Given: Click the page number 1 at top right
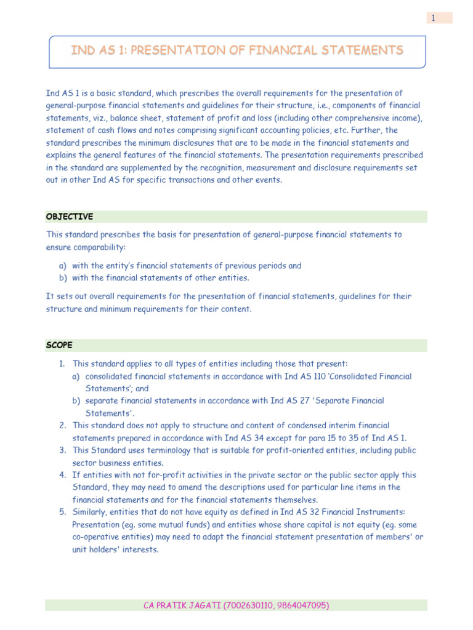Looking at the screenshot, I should [x=434, y=18].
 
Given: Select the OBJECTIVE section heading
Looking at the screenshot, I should [x=70, y=217].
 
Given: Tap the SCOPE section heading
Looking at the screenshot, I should [x=59, y=345].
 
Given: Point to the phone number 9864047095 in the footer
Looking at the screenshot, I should [x=302, y=605].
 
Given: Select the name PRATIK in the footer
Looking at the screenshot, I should [x=176, y=605].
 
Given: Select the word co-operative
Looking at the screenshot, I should [x=95, y=536].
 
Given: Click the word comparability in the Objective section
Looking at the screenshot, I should [x=99, y=247].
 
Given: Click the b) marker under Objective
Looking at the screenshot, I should [x=62, y=277].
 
